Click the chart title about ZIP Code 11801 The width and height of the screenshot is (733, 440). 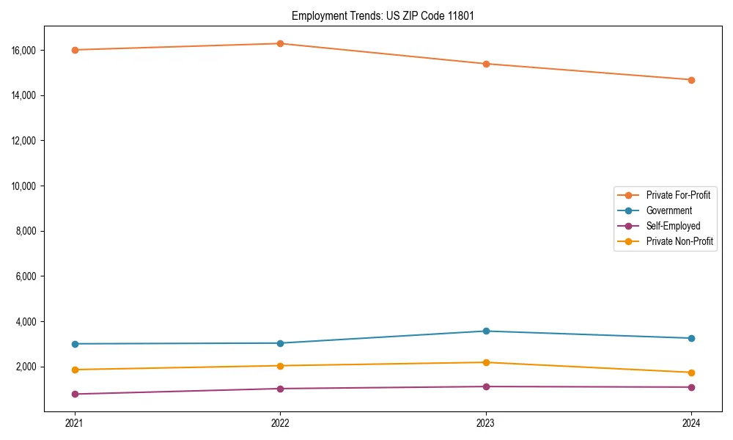(x=383, y=15)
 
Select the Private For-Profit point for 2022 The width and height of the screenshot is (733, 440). (x=280, y=43)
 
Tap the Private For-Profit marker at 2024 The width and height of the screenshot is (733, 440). (x=691, y=80)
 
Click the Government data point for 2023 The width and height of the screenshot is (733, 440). (x=486, y=331)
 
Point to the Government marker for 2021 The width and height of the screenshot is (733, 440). (x=75, y=344)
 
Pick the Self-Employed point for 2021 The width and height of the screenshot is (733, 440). (x=75, y=395)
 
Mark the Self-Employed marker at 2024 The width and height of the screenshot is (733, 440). (x=691, y=387)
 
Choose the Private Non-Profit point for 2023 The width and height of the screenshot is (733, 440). (x=486, y=362)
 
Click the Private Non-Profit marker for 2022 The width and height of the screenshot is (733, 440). (x=280, y=366)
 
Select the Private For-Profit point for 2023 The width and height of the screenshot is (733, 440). (x=486, y=64)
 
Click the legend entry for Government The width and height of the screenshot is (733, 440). (x=668, y=210)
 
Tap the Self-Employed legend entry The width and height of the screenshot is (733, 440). (x=673, y=226)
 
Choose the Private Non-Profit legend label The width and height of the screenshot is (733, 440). (x=679, y=241)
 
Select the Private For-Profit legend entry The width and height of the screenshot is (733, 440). (x=678, y=195)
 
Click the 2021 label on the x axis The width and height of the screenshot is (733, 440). (x=75, y=423)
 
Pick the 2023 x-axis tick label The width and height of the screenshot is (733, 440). (x=486, y=423)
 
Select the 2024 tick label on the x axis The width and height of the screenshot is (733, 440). (x=691, y=423)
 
